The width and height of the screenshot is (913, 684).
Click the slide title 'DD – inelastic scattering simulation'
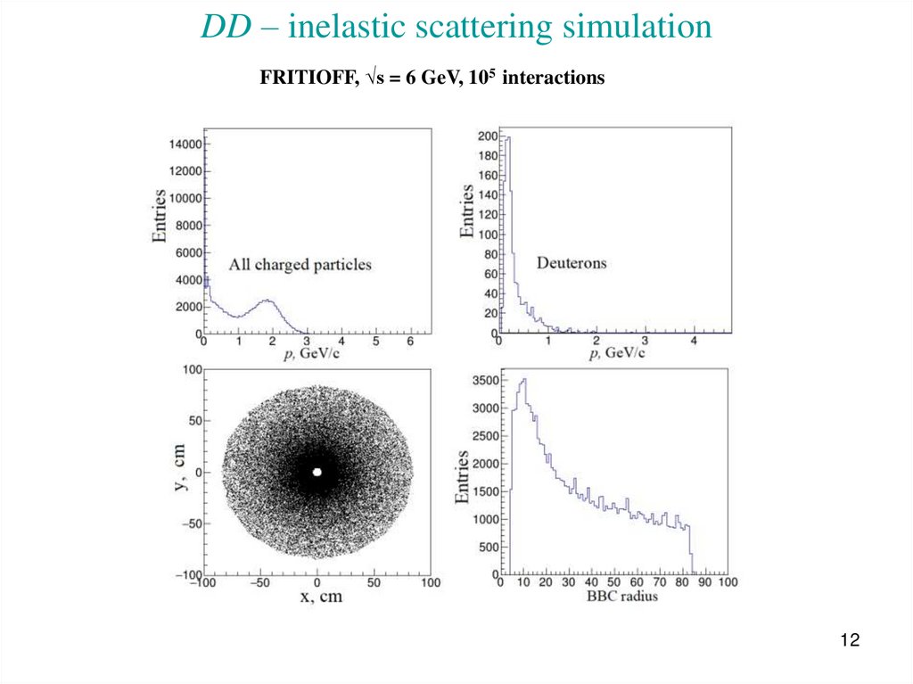tap(456, 27)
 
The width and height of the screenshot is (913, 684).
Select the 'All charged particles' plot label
tap(300, 264)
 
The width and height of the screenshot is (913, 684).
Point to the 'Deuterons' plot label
tap(572, 263)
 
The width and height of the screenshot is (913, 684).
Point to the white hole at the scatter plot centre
tap(317, 472)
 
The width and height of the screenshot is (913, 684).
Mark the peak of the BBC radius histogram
tap(524, 380)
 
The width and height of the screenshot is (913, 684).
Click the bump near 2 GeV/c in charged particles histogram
tap(267, 301)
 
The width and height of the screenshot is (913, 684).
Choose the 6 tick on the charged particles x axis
tap(409, 342)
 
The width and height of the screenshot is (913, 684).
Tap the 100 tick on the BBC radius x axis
tap(728, 582)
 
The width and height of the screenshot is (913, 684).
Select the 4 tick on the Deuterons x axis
tap(694, 342)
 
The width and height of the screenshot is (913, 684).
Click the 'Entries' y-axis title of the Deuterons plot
tap(466, 210)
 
